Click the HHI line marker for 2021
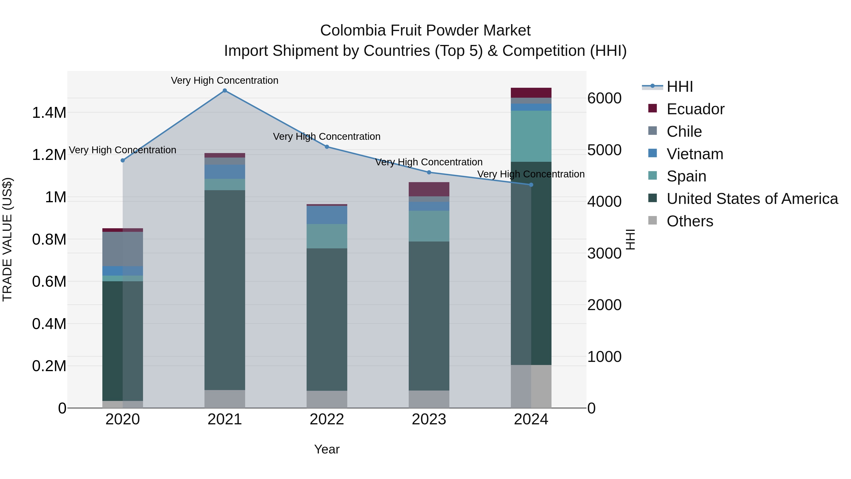click(225, 91)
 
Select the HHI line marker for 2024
click(531, 185)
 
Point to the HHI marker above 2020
click(122, 160)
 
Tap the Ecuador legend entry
click(695, 109)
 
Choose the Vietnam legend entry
click(695, 154)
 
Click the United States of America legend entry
click(752, 199)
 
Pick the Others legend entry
click(690, 221)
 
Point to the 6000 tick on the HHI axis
click(604, 98)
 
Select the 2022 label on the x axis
click(327, 419)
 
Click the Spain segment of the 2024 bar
click(531, 136)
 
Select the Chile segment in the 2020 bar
click(122, 249)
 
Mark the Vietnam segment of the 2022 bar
click(327, 215)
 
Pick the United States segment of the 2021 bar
click(225, 290)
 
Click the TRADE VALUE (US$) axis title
click(8, 239)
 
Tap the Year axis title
click(327, 449)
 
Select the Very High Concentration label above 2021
click(225, 80)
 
